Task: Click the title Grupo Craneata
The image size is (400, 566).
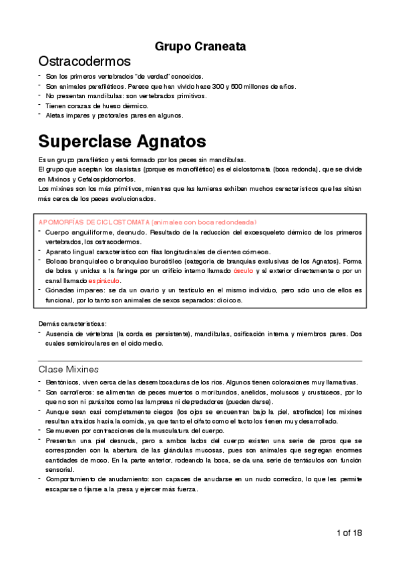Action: pyautogui.click(x=200, y=47)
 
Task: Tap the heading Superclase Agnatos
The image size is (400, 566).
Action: pyautogui.click(x=122, y=141)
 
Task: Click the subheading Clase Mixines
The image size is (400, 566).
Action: pyautogui.click(x=68, y=368)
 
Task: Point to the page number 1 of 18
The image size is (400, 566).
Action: pyautogui.click(x=350, y=533)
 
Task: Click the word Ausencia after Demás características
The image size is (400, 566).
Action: pyautogui.click(x=61, y=334)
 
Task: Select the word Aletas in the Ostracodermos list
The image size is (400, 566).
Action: pyautogui.click(x=55, y=115)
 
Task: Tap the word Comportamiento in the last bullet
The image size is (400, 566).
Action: pyautogui.click(x=74, y=479)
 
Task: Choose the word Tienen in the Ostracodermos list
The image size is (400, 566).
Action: pyautogui.click(x=56, y=105)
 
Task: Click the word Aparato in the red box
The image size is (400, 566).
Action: pyautogui.click(x=59, y=252)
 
